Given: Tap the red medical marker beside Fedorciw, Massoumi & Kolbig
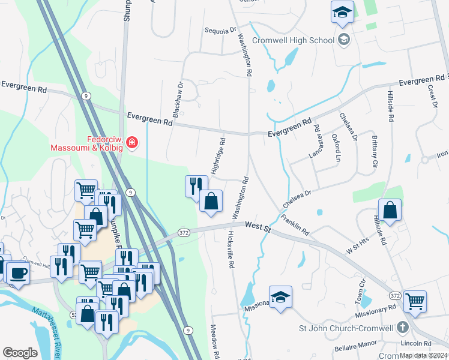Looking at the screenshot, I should click(131, 143).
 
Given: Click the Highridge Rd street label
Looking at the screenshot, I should click(221, 153).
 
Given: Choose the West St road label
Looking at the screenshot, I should click(259, 225).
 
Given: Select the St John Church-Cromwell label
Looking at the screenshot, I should click(346, 328).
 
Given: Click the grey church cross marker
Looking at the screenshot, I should click(403, 328).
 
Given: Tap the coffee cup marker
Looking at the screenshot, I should click(17, 273).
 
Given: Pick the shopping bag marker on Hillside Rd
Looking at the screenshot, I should click(390, 211).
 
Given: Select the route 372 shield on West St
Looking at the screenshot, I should click(184, 232).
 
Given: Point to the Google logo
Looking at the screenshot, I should click(20, 353).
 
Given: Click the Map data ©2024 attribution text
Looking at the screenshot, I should click(423, 355).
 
